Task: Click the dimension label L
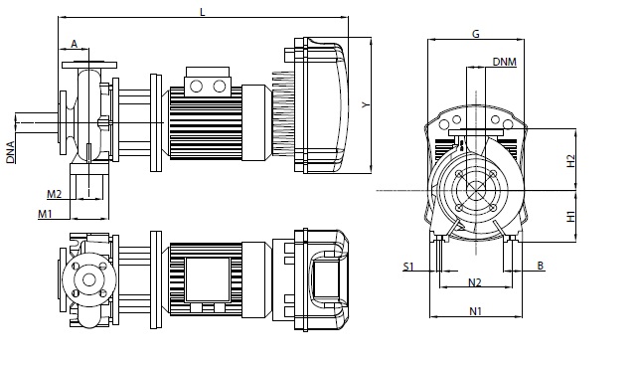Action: pos(202,12)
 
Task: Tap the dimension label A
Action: pos(75,44)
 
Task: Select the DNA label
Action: pos(11,152)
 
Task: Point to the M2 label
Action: pos(54,194)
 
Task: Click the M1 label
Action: pos(45,214)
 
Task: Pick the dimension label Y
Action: pos(366,105)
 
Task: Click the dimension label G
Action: pos(476,34)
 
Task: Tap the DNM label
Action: pos(505,62)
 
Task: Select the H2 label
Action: pos(571,160)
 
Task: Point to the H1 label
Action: pos(571,216)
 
